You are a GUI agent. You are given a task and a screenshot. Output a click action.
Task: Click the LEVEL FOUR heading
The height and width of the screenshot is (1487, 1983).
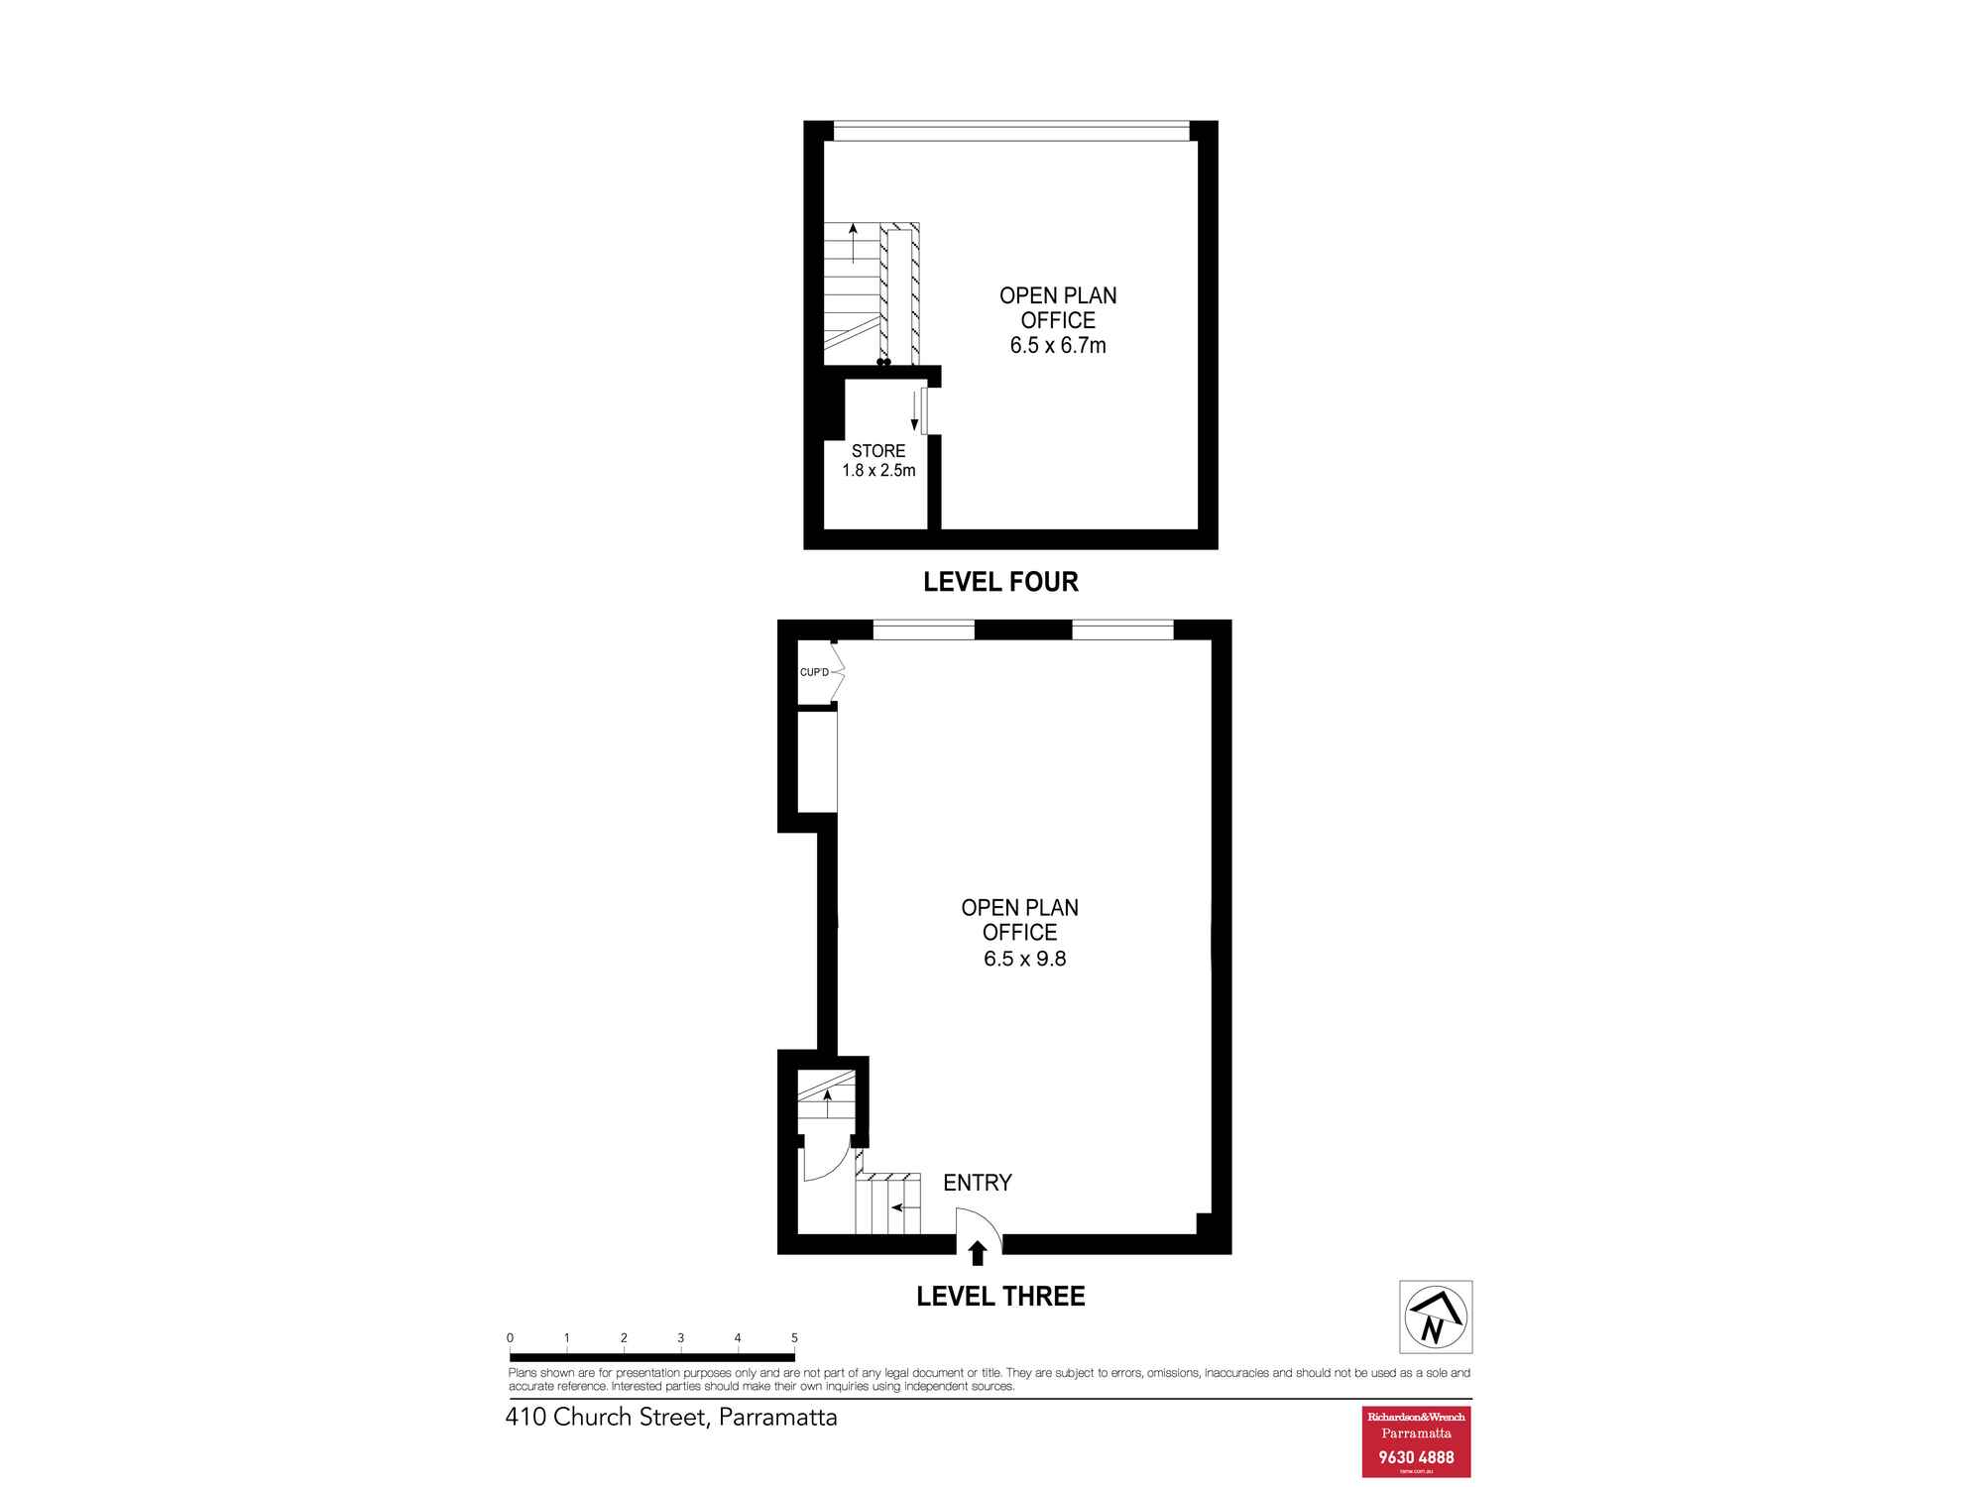tap(1000, 582)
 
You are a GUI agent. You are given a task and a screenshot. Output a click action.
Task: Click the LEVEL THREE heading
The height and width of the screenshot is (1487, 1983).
tap(1000, 1297)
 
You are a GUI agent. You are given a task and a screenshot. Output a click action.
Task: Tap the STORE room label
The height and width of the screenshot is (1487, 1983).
tap(878, 451)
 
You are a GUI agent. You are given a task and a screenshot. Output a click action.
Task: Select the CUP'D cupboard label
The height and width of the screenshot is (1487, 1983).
tap(814, 672)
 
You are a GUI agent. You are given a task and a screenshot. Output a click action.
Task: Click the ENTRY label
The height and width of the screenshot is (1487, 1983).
tap(978, 1183)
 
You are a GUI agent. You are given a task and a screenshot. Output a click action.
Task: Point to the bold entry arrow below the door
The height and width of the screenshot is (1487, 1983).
tap(978, 1253)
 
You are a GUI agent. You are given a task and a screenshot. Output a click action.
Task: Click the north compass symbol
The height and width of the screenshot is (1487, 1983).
tap(1436, 1316)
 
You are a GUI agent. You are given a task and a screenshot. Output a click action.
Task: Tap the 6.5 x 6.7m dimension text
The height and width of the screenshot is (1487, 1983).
tap(1058, 346)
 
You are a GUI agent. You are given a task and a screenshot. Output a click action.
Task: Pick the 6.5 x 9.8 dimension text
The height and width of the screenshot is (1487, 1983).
tap(1025, 959)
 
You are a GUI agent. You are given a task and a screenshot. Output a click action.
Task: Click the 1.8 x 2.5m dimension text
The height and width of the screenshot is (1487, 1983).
tap(878, 471)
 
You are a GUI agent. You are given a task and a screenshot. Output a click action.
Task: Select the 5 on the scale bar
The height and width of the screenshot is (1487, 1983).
tap(794, 1338)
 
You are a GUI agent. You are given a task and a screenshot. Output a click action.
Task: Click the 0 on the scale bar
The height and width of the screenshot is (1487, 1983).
tap(510, 1338)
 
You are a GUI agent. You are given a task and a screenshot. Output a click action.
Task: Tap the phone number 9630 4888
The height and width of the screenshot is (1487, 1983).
tap(1416, 1457)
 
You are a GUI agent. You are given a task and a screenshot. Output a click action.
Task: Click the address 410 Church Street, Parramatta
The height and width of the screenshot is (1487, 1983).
tap(671, 1418)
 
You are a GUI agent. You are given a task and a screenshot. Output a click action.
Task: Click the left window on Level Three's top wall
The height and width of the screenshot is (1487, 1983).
tap(924, 629)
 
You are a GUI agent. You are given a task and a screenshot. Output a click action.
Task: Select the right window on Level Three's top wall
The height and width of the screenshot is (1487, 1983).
tap(1123, 629)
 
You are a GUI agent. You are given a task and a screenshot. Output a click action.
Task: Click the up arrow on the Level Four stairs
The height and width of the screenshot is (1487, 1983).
tap(853, 243)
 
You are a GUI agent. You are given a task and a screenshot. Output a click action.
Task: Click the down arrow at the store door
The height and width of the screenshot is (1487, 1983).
tap(914, 411)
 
